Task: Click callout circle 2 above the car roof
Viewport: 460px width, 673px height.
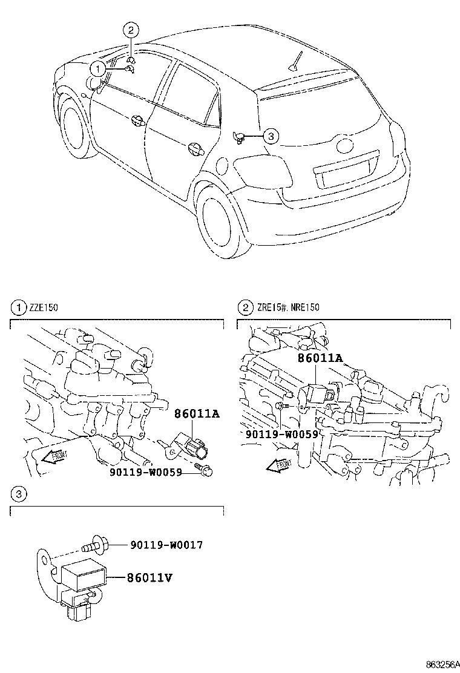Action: (x=131, y=29)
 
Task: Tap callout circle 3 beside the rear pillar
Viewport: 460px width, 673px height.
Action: (x=271, y=137)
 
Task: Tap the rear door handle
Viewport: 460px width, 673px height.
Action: (x=195, y=148)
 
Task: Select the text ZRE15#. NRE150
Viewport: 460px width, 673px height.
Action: (x=287, y=308)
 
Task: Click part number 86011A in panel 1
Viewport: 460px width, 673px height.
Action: (x=196, y=415)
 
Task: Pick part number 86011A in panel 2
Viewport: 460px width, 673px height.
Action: (x=320, y=358)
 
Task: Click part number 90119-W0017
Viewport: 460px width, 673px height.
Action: (x=166, y=545)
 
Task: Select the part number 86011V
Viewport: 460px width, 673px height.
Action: (x=149, y=578)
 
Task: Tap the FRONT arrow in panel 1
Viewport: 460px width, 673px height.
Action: (x=55, y=458)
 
